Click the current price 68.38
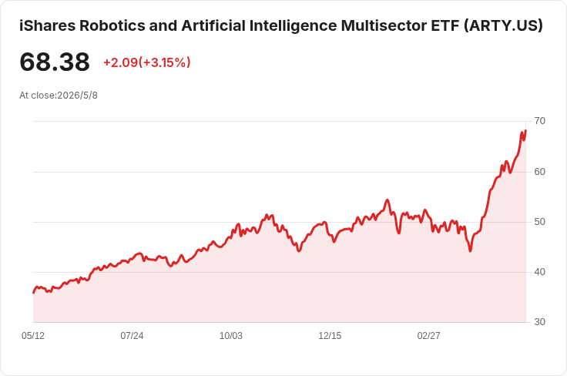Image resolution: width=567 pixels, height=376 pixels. coord(55,62)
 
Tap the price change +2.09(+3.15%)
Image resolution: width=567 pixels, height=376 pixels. coord(147,62)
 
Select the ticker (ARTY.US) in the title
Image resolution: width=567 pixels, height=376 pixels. coord(503,25)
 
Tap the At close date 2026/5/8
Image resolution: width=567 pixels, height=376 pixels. coord(77,96)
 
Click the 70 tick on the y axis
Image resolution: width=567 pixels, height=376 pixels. coord(539,121)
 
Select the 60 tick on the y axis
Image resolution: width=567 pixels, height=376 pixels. coord(539,172)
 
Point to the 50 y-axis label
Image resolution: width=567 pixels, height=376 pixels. coord(539,222)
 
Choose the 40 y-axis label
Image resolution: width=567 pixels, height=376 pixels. coord(539,272)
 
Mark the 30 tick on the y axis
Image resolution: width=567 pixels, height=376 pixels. coord(539,322)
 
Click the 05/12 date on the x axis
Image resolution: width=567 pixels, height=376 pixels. coord(33,336)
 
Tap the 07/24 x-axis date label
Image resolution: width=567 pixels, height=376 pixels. coord(132,336)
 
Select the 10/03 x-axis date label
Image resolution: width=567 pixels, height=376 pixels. coord(231,336)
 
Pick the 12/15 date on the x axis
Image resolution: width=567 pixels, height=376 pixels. coord(330,336)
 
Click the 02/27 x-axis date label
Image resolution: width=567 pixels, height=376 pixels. coord(429,336)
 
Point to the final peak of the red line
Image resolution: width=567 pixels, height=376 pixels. coord(525,130)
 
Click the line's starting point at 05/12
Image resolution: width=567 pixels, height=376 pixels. coord(34,293)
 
